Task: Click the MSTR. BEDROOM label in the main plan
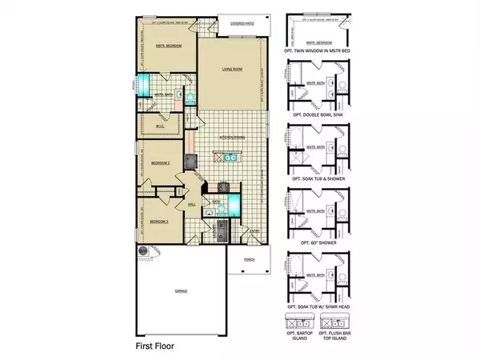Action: (x=168, y=46)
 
